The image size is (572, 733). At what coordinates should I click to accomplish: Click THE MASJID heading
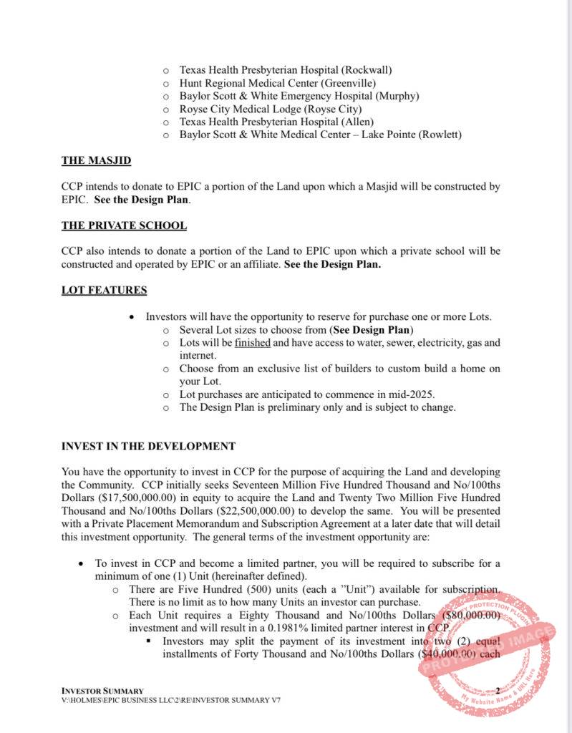96,160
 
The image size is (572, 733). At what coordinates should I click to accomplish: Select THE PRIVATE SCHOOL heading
124,225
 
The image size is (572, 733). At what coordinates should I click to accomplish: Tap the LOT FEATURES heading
104,290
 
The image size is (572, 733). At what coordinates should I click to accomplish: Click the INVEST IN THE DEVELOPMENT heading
148,446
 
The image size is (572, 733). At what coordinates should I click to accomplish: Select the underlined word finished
252,343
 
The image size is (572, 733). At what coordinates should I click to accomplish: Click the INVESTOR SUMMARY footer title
102,690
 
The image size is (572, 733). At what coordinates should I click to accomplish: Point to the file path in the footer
170,699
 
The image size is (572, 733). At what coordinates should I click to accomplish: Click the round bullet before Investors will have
132,317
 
